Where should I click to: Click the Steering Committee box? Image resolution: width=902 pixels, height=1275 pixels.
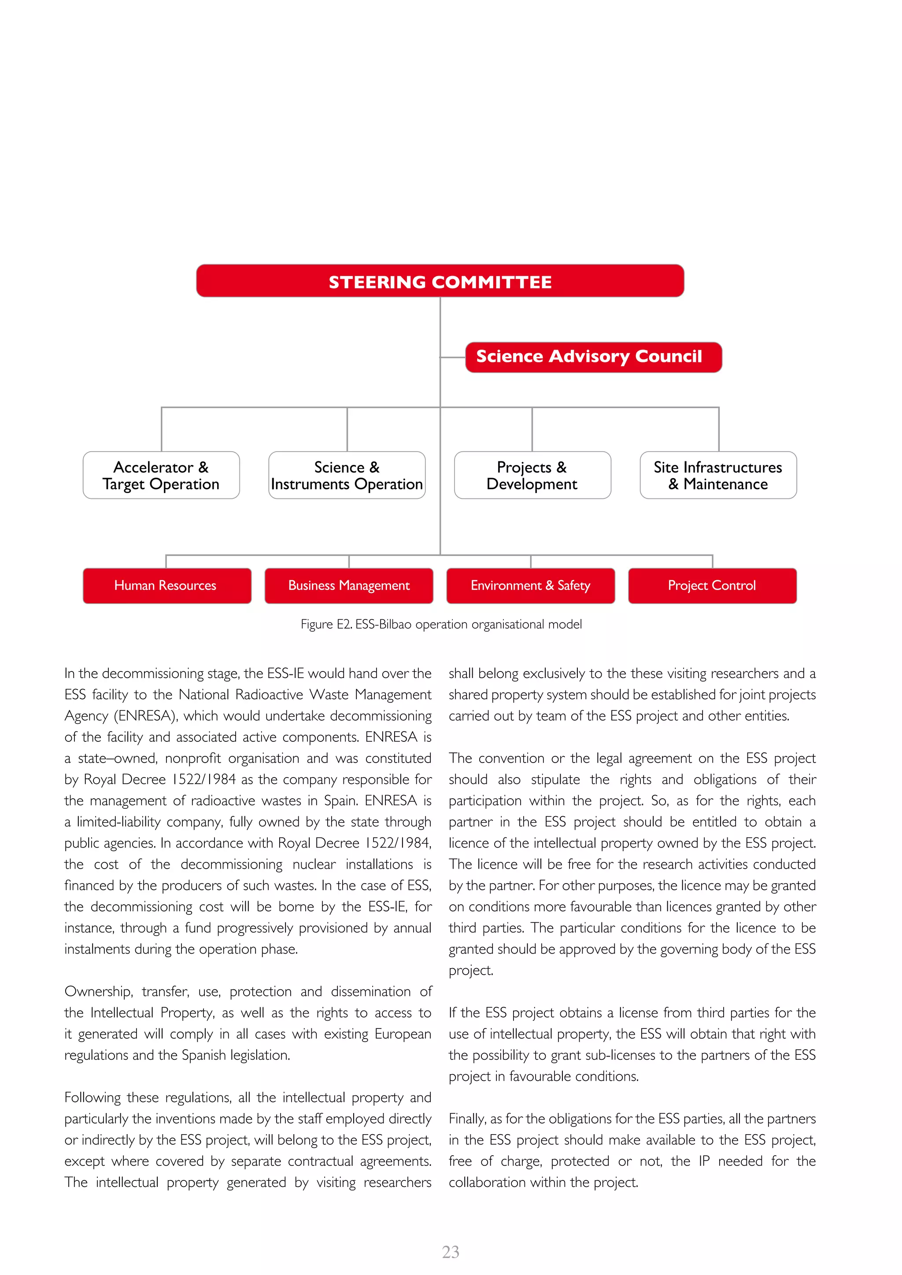pos(440,281)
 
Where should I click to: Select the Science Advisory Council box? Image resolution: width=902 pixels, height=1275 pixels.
pos(593,357)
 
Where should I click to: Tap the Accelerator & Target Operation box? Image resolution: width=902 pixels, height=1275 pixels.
pos(161,475)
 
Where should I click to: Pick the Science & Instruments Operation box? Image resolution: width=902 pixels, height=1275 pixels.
pos(347,475)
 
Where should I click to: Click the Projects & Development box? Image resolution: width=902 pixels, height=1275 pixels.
pos(532,475)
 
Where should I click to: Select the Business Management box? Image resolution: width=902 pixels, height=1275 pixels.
pos(349,585)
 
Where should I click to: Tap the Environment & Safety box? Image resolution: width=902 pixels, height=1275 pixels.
pos(530,585)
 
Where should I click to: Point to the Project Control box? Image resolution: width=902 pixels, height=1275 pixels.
pos(712,585)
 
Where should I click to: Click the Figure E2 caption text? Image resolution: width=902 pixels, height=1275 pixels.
pos(441,624)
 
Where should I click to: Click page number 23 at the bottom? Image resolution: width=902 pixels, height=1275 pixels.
pos(451,1252)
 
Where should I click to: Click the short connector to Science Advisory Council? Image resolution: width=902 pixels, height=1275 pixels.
pos(453,357)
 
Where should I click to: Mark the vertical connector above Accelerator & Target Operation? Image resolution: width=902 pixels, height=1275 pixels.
pos(162,429)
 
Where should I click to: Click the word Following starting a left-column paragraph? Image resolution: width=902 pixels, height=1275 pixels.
pos(92,1097)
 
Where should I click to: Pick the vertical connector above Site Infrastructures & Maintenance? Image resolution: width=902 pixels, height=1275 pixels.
pos(719,429)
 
